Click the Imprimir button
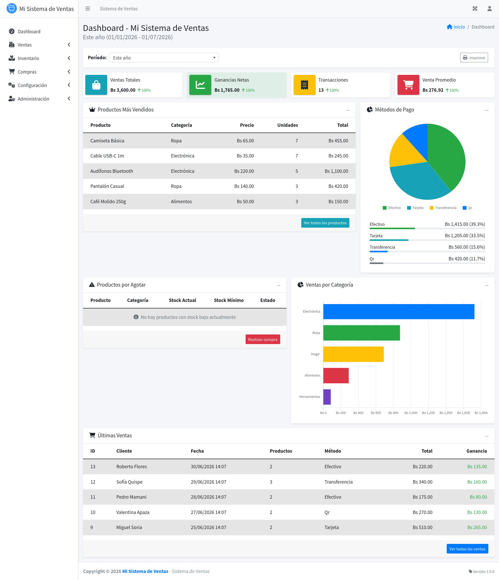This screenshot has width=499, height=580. [x=474, y=58]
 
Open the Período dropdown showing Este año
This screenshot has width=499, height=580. [x=164, y=58]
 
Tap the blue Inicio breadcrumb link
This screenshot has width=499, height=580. [x=456, y=27]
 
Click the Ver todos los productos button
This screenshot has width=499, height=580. [x=325, y=223]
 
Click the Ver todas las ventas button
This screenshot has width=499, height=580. [x=467, y=549]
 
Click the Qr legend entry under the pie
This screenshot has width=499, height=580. [x=467, y=208]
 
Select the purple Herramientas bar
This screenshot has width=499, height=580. [x=327, y=397]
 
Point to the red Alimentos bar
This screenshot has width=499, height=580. [x=336, y=375]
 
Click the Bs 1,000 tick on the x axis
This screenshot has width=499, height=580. [x=411, y=413]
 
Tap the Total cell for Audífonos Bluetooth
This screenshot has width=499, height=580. [x=336, y=171]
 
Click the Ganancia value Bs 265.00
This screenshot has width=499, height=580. [x=477, y=527]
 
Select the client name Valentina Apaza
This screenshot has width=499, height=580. [x=133, y=512]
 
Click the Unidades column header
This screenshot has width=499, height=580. [x=287, y=125]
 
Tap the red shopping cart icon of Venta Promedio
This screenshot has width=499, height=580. [x=408, y=85]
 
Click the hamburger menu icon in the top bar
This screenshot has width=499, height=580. [x=88, y=9]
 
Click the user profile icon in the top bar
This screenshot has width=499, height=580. [x=489, y=9]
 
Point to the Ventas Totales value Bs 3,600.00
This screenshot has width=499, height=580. [x=123, y=90]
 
